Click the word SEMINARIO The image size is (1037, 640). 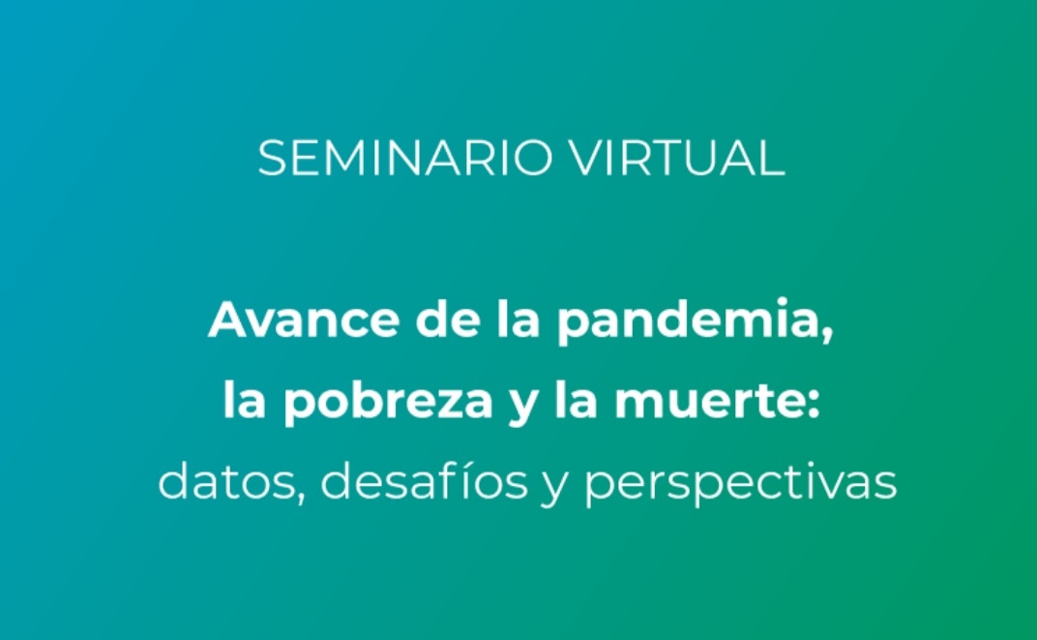coord(404,158)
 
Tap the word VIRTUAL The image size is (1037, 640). coord(677,158)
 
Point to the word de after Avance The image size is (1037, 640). coord(448,319)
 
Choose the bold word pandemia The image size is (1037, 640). coord(687,321)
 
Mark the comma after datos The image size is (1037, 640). coord(302,494)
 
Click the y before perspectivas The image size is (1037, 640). coord(554,487)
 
